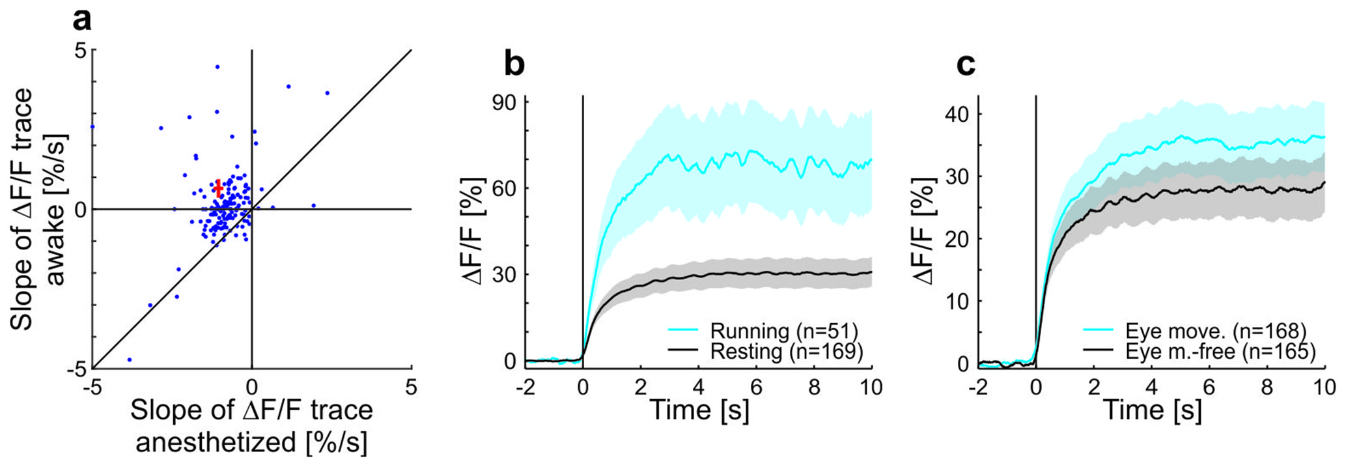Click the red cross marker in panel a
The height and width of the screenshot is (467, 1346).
(x=218, y=188)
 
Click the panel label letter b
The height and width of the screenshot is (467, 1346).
(x=514, y=64)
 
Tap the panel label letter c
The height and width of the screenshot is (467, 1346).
(x=966, y=64)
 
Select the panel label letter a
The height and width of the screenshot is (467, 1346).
(x=82, y=21)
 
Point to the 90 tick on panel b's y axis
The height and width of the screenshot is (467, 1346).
(x=505, y=102)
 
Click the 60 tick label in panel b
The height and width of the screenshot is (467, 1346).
(x=505, y=188)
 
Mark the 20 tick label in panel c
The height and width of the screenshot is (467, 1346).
(x=958, y=239)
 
